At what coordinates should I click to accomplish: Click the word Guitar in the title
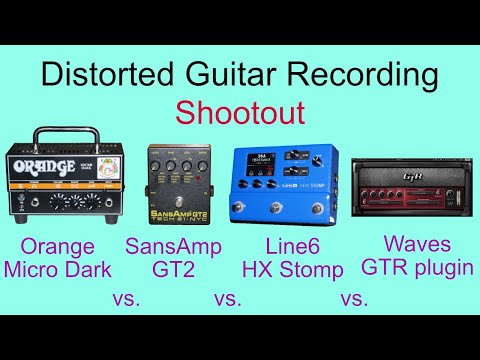tap(227, 74)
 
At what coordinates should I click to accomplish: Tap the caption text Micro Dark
tap(59, 269)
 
